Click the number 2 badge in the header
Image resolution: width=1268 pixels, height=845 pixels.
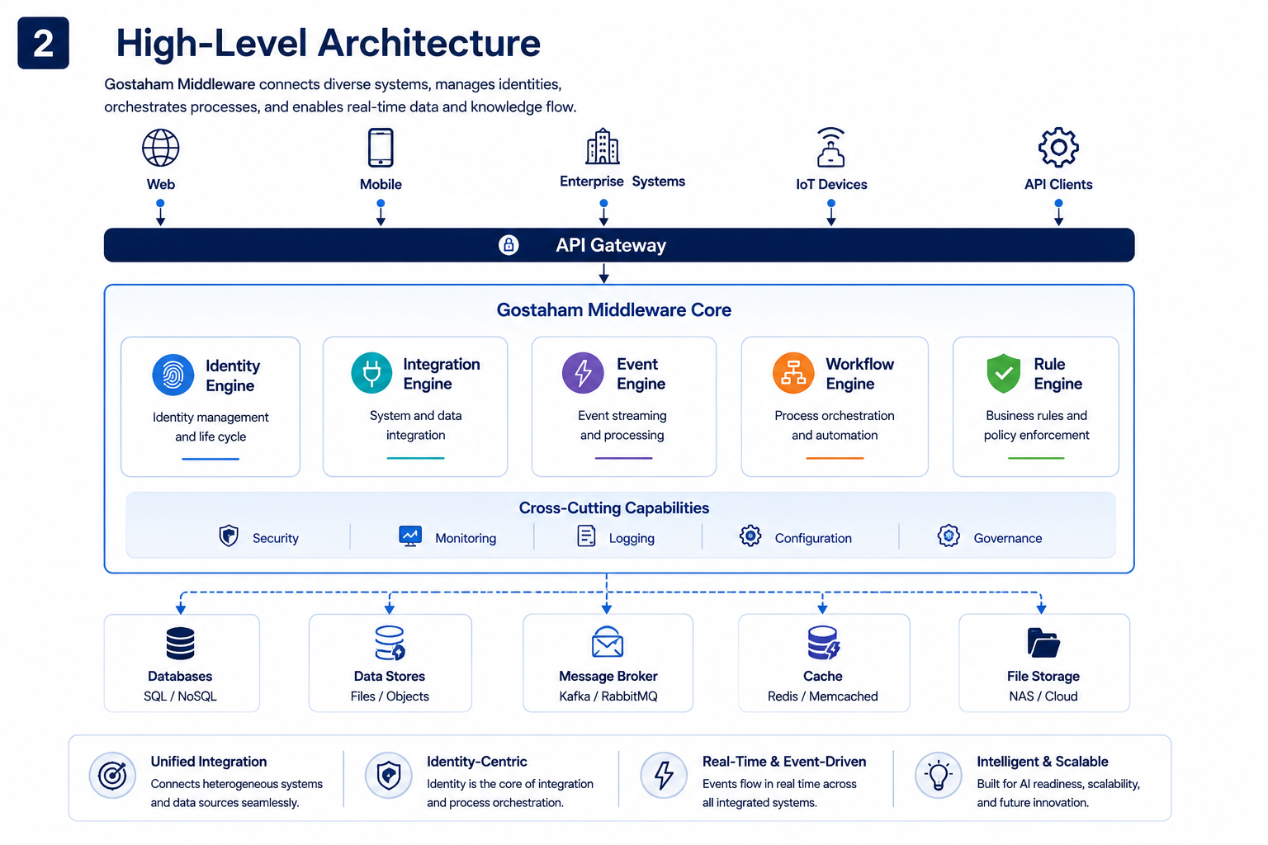[x=43, y=43]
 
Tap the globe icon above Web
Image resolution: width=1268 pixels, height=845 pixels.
[x=161, y=148]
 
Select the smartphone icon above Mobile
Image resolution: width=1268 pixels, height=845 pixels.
[x=381, y=148]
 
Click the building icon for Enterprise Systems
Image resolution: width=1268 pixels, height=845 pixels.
[x=603, y=146]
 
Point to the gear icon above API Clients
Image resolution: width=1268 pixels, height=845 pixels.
[x=1058, y=147]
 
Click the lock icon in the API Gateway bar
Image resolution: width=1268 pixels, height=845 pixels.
[x=509, y=245]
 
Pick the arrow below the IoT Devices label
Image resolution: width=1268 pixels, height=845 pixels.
[x=831, y=213]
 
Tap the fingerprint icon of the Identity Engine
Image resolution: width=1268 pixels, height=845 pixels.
[x=173, y=375]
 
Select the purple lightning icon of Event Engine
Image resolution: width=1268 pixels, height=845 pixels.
[x=583, y=373]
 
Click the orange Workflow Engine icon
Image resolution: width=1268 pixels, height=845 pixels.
[x=793, y=373]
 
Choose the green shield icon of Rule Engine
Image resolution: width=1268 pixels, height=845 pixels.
[x=1004, y=374]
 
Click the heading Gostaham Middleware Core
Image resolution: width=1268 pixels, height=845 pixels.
[x=614, y=310]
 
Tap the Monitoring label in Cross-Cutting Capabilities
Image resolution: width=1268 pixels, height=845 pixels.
[x=466, y=538]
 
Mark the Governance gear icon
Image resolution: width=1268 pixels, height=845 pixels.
[x=949, y=536]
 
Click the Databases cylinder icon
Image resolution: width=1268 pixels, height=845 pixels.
[x=181, y=644]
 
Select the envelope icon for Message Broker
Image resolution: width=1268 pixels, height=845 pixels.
[x=608, y=642]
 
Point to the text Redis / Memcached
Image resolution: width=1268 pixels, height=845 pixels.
[x=823, y=696]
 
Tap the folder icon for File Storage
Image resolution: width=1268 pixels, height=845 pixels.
[x=1043, y=643]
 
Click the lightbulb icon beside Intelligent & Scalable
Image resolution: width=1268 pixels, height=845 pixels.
[x=939, y=776]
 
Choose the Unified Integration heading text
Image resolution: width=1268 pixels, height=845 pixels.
[x=209, y=762]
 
